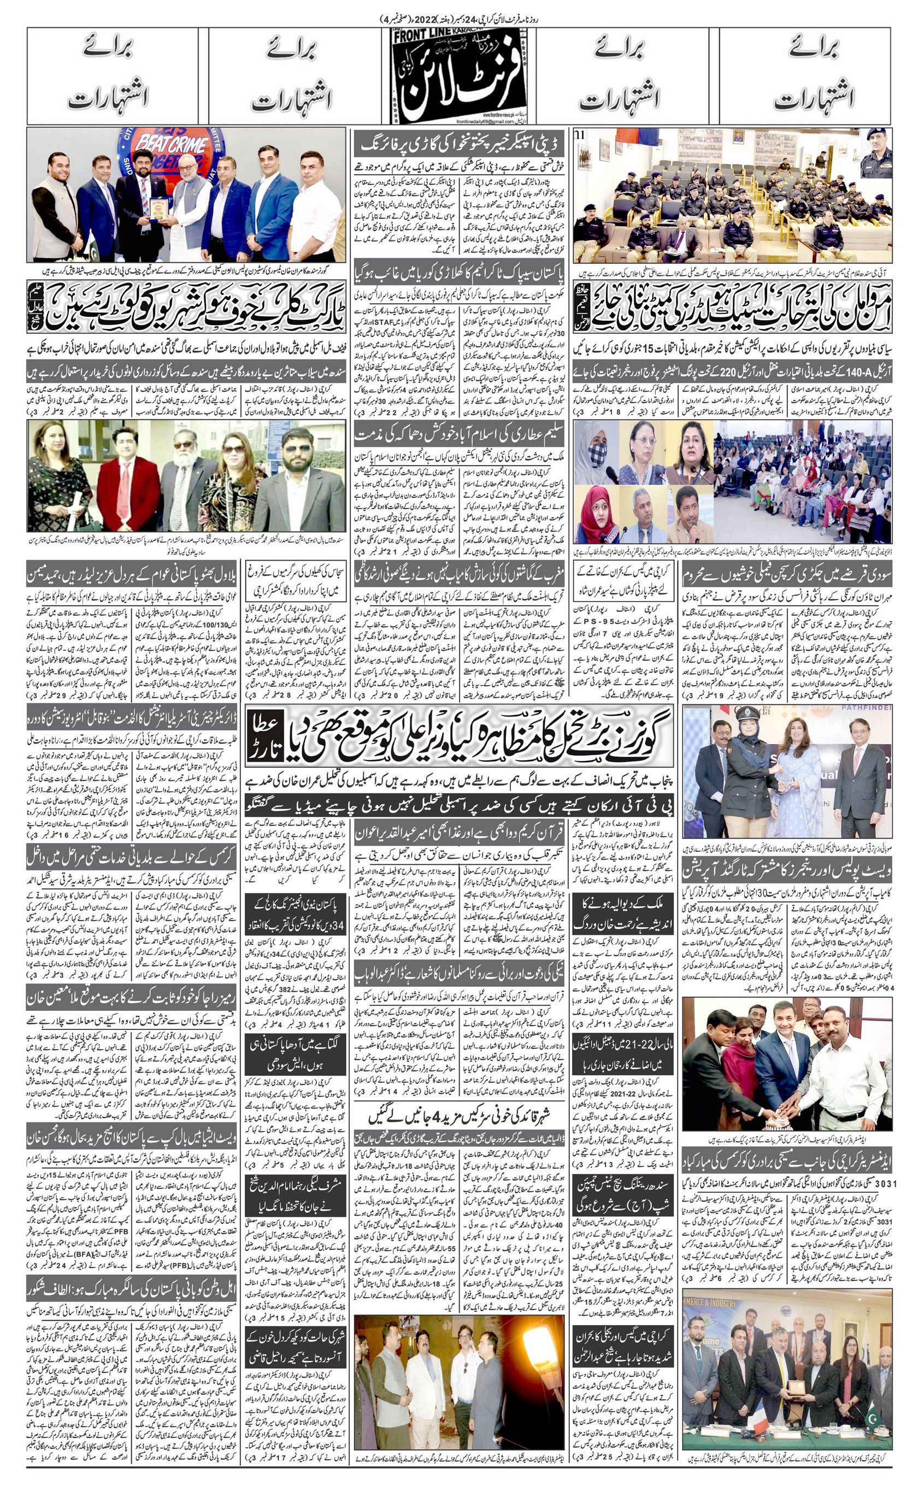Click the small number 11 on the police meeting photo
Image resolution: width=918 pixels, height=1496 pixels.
click(x=582, y=134)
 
